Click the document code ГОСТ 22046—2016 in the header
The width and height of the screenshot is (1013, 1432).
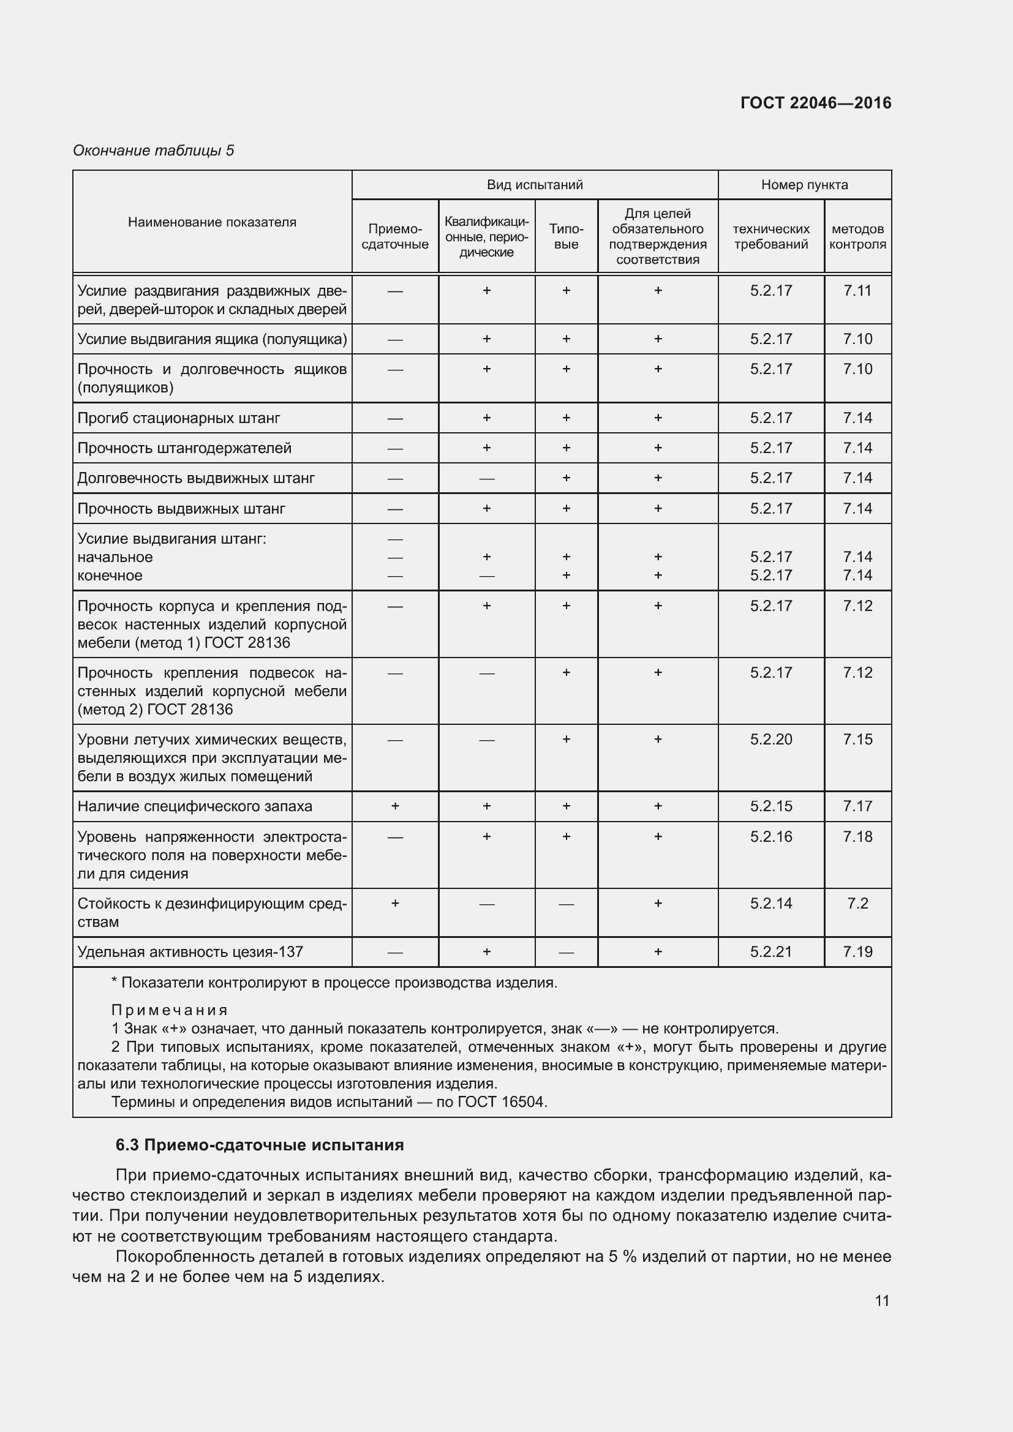coord(815,103)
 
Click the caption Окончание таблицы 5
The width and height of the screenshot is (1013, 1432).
coord(154,151)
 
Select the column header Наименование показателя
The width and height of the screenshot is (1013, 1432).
coord(212,222)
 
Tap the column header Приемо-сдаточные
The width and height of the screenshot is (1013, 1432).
coord(395,236)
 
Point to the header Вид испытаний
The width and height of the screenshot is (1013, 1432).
coord(535,185)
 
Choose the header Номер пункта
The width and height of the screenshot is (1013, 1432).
coord(804,185)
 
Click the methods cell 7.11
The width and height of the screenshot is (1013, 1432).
coord(857,291)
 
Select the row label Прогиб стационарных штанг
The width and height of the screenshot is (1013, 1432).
coord(178,418)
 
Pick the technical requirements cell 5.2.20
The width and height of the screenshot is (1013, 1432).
coord(771,740)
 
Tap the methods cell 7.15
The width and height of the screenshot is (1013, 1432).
coord(857,740)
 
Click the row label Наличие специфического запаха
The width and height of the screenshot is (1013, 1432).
coord(195,806)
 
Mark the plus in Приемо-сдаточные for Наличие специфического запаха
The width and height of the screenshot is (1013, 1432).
coord(395,806)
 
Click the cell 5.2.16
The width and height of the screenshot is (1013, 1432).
coord(771,836)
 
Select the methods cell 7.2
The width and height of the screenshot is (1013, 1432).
coord(857,903)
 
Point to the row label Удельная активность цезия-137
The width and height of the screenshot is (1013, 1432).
coord(190,952)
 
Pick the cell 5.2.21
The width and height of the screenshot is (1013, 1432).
coord(771,952)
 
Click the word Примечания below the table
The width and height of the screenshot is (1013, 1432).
coord(169,1010)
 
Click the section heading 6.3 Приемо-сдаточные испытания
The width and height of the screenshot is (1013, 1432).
coord(260,1145)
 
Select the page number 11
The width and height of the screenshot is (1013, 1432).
coord(881,1300)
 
